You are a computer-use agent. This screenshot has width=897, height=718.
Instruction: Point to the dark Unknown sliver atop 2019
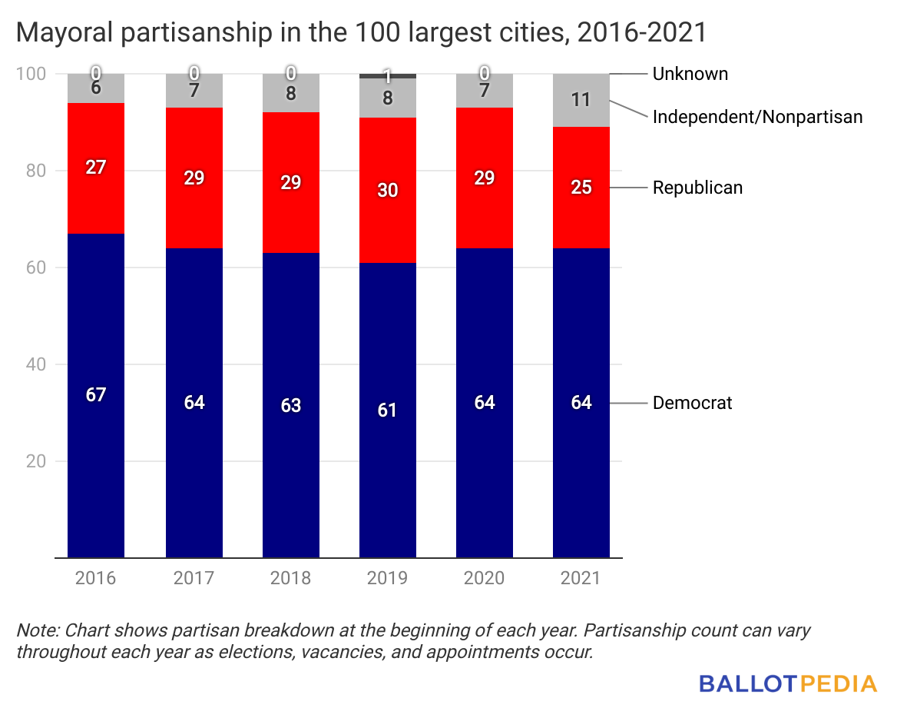388,75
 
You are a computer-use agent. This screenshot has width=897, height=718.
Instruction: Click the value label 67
96,394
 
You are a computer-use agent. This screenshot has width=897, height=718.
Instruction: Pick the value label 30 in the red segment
388,190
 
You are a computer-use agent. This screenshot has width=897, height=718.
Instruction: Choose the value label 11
581,100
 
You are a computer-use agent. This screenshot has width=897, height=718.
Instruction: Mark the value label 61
388,410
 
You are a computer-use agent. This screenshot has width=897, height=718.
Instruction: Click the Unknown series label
690,74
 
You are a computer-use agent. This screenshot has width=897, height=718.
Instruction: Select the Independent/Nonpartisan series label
757,117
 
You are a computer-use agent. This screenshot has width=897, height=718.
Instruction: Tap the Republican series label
697,187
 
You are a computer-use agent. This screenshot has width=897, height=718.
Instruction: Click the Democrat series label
693,403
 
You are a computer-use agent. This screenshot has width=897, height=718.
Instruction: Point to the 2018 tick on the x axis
290,578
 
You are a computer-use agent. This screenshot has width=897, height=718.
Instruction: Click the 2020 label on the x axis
485,578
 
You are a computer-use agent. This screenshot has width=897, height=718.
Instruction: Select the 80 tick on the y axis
36,171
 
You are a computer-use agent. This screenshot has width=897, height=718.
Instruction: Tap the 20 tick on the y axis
36,461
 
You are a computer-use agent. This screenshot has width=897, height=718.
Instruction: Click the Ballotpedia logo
788,683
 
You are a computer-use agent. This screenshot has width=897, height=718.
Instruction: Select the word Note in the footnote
36,630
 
